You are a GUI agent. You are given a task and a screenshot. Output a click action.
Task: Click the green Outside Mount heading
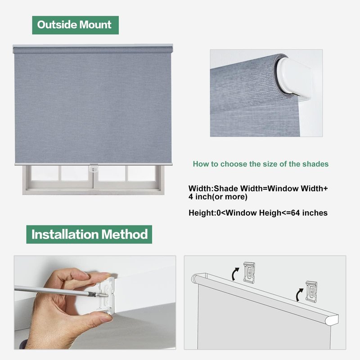pos(75,25)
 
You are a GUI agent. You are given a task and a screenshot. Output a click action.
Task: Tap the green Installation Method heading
pos(89,234)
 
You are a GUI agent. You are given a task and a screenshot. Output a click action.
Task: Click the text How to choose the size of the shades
pos(261,164)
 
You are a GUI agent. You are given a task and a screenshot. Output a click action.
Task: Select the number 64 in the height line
pos(295,213)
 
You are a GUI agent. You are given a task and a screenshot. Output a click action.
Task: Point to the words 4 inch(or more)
pos(218,197)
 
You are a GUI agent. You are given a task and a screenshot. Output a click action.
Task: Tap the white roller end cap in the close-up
pos(293,77)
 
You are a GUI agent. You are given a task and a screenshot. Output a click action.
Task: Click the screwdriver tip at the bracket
pos(106,296)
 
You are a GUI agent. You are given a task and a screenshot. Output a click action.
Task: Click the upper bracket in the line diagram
pos(249,272)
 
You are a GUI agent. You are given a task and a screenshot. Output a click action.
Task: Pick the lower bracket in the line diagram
pos(311,291)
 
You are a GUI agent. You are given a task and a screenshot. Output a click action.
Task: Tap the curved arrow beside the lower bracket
pos(299,295)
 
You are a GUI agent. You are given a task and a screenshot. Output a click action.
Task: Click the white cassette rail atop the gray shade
pos(93,46)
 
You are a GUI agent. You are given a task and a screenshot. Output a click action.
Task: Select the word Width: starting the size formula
pos(201,189)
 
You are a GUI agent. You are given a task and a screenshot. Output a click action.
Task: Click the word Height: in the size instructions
pos(202,213)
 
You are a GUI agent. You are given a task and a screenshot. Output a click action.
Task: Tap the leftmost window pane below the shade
pos(45,173)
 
